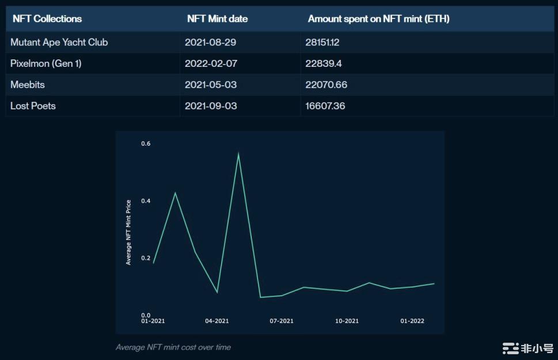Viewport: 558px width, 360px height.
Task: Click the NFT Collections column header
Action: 47,19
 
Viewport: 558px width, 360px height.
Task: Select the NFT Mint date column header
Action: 217,19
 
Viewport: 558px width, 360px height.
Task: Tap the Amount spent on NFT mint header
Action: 378,19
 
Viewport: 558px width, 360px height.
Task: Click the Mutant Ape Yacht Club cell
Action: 59,43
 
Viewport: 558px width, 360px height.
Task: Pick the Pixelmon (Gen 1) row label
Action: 46,63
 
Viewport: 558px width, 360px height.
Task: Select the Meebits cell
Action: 28,85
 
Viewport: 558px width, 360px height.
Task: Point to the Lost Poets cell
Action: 33,106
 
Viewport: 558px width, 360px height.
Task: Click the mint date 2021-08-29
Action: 211,43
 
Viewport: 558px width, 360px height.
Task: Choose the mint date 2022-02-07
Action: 211,63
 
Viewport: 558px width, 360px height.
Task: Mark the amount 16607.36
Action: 325,106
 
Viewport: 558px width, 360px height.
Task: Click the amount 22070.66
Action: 326,85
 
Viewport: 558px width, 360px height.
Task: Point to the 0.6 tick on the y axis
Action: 146,143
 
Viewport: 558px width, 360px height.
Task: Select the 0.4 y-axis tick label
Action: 146,201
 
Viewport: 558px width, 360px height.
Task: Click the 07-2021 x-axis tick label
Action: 282,321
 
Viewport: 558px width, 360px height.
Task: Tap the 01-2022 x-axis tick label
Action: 412,321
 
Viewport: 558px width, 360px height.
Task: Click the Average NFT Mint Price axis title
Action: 128,232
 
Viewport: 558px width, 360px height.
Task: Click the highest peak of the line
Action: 238,153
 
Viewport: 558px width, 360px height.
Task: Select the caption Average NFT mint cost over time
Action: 173,347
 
